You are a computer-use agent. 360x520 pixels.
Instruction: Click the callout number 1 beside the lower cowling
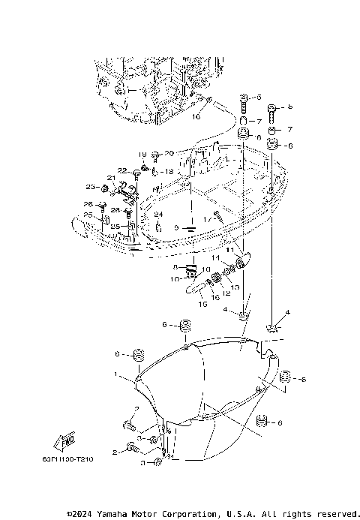pyautogui.click(x=115, y=373)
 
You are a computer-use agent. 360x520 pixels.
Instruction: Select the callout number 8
pyautogui.click(x=174, y=266)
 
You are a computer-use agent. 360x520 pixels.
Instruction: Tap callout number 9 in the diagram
pyautogui.click(x=175, y=228)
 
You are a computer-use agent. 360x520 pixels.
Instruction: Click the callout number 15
pyautogui.click(x=202, y=305)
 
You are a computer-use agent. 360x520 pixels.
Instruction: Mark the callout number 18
pyautogui.click(x=169, y=172)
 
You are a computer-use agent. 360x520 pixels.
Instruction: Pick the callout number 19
pyautogui.click(x=141, y=154)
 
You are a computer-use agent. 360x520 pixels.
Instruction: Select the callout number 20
pyautogui.click(x=169, y=153)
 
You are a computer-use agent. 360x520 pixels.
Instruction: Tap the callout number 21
pyautogui.click(x=109, y=178)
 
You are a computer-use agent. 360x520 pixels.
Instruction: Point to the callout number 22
pyautogui.click(x=121, y=171)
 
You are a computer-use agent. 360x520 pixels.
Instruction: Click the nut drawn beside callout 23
pyautogui.click(x=103, y=187)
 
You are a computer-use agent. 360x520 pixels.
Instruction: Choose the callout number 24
pyautogui.click(x=158, y=215)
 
